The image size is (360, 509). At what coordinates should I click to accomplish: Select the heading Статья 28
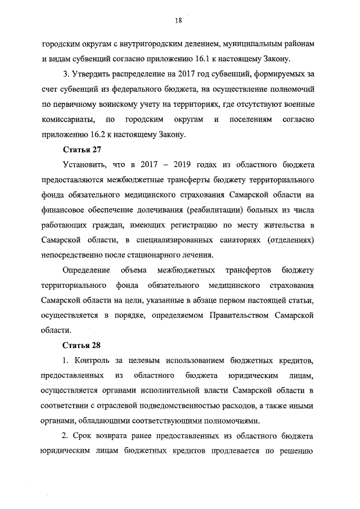[x=80, y=344]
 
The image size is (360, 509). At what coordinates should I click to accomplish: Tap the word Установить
[x=86, y=165]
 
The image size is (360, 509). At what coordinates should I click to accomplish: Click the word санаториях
[x=231, y=241]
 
